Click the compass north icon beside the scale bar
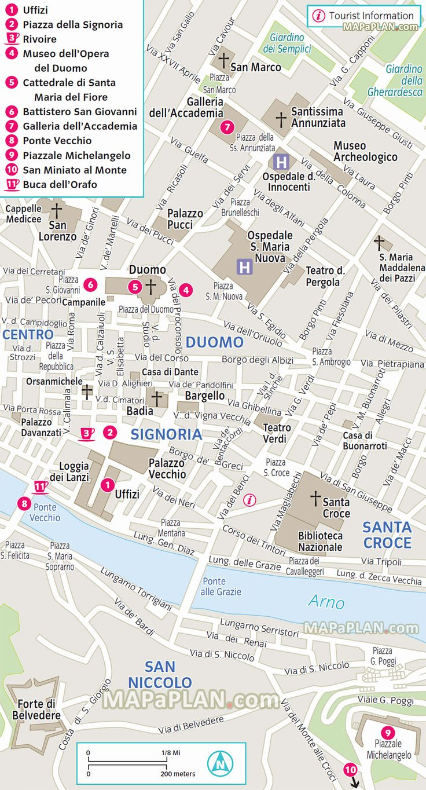(219, 763)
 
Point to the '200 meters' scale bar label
(178, 774)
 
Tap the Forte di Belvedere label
(36, 709)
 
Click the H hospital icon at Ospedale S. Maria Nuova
(244, 266)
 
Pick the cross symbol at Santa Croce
(315, 498)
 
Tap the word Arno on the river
(326, 602)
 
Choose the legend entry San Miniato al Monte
(74, 170)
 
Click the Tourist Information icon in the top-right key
(318, 16)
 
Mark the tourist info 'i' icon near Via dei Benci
(249, 500)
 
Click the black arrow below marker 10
(355, 783)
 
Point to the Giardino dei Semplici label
(287, 43)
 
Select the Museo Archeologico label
(365, 151)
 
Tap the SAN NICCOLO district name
(160, 674)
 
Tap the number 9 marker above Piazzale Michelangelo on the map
(387, 732)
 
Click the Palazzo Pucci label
(185, 219)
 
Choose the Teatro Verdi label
(277, 433)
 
